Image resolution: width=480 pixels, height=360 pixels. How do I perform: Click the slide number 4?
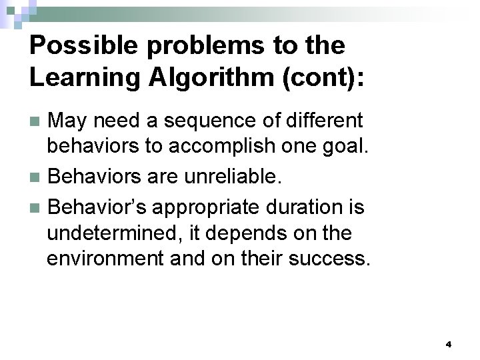(448, 345)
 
